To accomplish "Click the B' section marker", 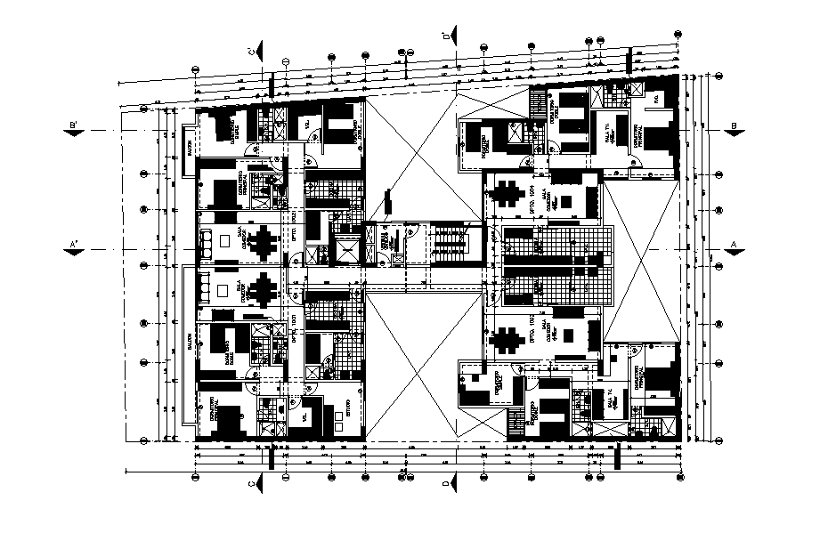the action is (x=78, y=130).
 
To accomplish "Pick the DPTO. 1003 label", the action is (x=294, y=221).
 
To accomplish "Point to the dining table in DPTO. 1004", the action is (x=509, y=194).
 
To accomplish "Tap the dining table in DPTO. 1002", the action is (x=509, y=338).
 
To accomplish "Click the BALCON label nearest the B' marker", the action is (x=189, y=142).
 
